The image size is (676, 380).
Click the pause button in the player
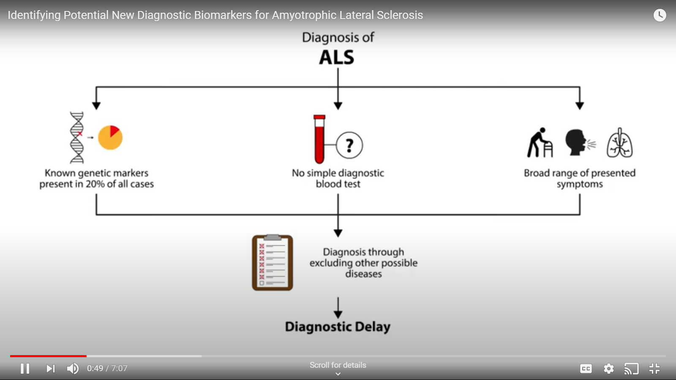point(25,369)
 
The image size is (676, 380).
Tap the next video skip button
point(50,369)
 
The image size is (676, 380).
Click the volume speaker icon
point(73,369)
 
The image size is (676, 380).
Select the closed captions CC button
point(586,369)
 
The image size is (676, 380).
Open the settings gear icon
point(609,369)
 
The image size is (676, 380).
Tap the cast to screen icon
point(631,369)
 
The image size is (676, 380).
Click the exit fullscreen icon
point(654,369)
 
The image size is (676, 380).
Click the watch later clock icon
point(660,15)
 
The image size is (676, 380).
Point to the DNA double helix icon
point(77,137)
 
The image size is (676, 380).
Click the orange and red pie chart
point(110,138)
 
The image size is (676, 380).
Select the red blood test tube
point(319,139)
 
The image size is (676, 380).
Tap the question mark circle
point(349,145)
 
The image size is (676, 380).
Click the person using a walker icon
point(540,143)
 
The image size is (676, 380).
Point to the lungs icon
point(620,143)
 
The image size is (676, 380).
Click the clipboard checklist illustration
point(273,263)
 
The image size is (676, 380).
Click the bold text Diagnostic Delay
point(338,327)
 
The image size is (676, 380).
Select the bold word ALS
point(337,57)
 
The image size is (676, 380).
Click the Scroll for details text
point(338,365)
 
